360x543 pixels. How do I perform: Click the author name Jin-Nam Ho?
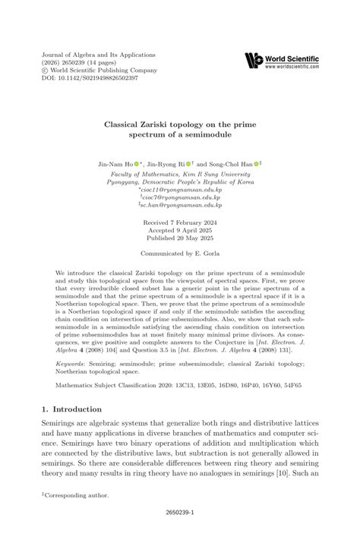tap(117, 163)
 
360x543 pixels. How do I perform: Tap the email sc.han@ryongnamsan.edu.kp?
tap(181, 205)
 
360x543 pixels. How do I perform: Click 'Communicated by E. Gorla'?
tap(180, 257)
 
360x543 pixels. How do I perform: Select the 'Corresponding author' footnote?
tap(77, 494)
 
